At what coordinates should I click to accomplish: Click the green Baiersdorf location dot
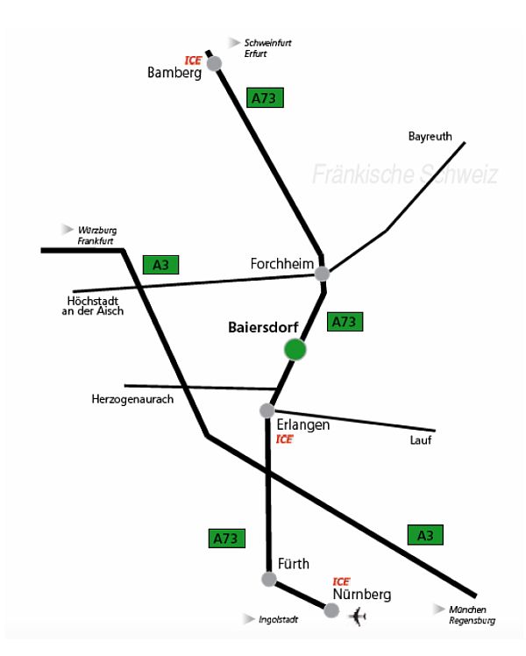tap(295, 349)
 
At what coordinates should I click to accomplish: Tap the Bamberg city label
tap(174, 73)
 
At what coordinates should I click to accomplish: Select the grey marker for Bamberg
tap(214, 62)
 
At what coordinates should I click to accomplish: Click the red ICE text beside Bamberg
tap(193, 60)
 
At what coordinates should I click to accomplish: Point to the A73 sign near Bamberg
tap(264, 98)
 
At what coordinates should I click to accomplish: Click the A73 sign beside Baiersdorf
tap(345, 322)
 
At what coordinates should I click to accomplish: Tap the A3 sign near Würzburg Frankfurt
tap(160, 264)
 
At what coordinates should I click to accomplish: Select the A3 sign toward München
tap(425, 533)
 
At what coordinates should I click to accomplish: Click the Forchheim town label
tap(281, 264)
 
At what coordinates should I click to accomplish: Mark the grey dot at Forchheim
tap(323, 274)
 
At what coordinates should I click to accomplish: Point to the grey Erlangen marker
tap(267, 410)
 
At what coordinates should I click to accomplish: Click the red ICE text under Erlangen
tap(284, 439)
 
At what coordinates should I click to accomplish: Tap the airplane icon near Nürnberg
tap(357, 617)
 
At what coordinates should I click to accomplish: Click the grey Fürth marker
tap(269, 579)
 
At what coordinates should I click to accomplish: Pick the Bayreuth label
tap(430, 136)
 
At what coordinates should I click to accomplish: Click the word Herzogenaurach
tap(132, 399)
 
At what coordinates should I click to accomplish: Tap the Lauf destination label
tap(421, 440)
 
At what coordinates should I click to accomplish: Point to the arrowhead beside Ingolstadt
tap(249, 618)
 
